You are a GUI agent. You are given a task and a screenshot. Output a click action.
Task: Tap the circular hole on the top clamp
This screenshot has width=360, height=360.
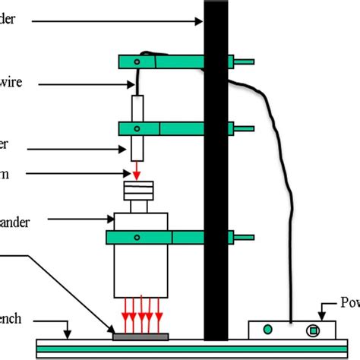coord(137,61)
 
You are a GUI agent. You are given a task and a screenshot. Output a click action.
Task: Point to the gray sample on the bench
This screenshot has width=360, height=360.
coord(141,335)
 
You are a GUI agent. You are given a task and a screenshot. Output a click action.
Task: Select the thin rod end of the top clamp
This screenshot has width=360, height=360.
coord(245,61)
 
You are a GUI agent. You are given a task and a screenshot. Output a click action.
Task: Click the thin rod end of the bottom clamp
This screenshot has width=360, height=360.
coord(245,238)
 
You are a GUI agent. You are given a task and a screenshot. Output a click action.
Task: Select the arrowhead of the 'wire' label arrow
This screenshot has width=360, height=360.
coord(131,86)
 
